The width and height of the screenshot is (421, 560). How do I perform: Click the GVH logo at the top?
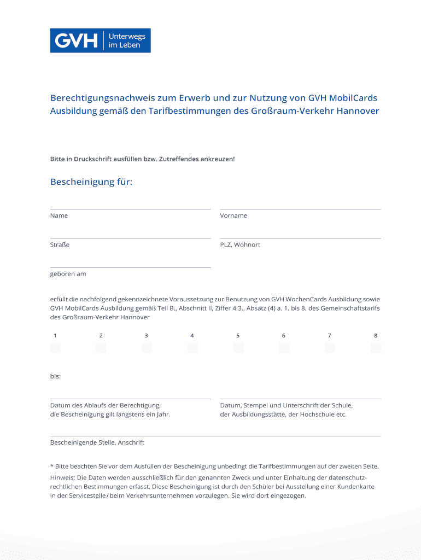(100, 40)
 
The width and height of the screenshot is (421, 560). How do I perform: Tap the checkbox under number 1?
(55, 348)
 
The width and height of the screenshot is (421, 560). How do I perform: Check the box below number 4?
(192, 348)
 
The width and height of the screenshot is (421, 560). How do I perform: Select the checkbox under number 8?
(375, 348)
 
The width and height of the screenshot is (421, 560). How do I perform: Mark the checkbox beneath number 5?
(238, 348)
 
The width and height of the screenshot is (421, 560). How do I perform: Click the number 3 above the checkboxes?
(146, 335)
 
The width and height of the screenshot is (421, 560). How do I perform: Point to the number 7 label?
(329, 335)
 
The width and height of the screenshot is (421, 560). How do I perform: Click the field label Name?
(59, 215)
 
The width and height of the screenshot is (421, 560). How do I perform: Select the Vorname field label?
(233, 215)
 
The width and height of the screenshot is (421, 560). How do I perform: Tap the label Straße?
(60, 244)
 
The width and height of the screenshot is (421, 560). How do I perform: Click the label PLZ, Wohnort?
(240, 244)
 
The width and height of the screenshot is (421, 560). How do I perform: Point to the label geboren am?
(68, 273)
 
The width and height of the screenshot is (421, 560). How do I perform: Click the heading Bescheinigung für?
(91, 182)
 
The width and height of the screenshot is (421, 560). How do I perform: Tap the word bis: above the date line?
(55, 376)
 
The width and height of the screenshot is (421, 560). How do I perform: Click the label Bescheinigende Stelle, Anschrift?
(97, 442)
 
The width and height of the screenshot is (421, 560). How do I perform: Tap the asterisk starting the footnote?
(51, 466)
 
